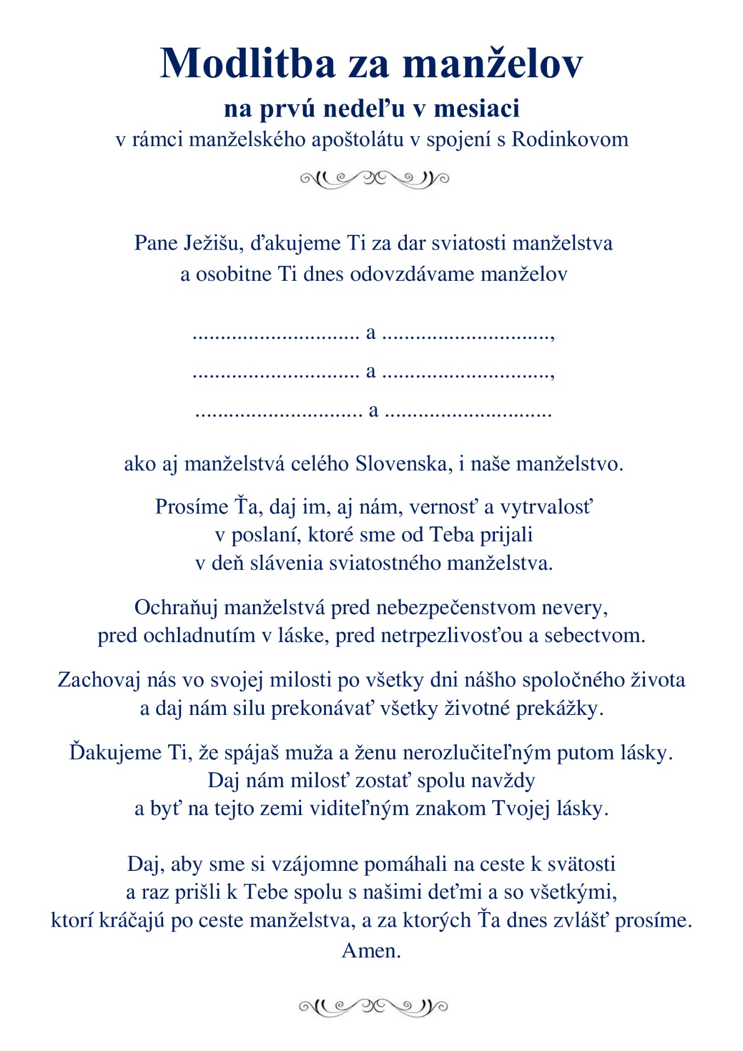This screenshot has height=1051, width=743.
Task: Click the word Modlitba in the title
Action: [x=247, y=63]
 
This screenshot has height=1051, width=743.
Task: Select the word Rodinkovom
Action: [x=570, y=140]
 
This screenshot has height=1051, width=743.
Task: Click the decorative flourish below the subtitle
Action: [x=375, y=178]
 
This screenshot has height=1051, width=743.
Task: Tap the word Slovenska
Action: [x=404, y=464]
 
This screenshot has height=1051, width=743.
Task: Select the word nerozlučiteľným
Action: [x=477, y=753]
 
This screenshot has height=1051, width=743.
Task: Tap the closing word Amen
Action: [x=371, y=951]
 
